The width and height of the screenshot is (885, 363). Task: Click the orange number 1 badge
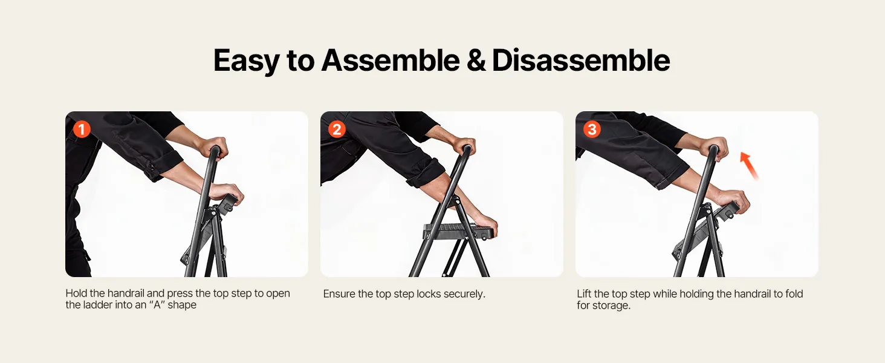tap(82, 129)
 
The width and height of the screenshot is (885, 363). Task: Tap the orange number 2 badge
tap(337, 129)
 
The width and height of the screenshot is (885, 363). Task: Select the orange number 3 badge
tap(592, 129)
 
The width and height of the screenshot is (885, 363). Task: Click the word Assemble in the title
tap(391, 60)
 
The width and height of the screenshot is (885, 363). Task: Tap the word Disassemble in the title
tap(581, 60)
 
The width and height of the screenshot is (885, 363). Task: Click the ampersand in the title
tap(476, 61)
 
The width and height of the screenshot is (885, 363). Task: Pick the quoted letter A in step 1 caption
tap(157, 305)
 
